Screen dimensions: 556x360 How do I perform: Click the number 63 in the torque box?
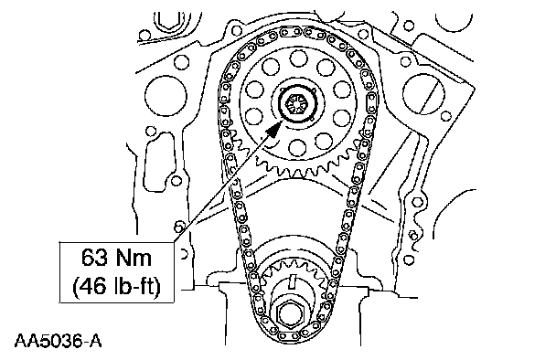tap(94, 258)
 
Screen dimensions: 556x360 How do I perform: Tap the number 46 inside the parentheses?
tap(93, 286)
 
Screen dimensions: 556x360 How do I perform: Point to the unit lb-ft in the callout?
tap(136, 286)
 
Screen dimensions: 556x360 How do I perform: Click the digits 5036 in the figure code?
tap(60, 341)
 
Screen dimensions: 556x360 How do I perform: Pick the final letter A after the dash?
tap(95, 341)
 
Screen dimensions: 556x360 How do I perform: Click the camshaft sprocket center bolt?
tap(294, 104)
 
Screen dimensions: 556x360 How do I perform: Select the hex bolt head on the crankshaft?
tap(290, 313)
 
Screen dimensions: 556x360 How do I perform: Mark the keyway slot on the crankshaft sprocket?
tap(293, 281)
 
